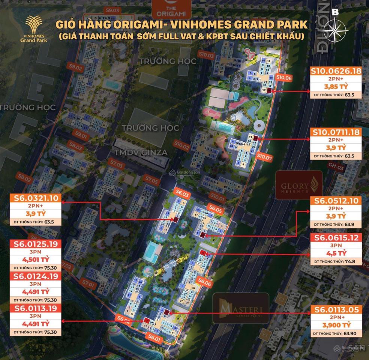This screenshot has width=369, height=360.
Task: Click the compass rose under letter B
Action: pos(336,29)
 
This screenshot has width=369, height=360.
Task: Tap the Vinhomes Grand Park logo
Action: pos(36,29)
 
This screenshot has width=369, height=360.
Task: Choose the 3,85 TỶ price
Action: pos(336,87)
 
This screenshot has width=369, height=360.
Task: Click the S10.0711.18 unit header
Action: pos(336,132)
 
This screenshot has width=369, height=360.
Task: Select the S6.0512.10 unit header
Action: pos(336,201)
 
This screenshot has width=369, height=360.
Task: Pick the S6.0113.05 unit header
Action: pos(336,310)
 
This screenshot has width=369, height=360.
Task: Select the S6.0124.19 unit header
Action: pos(32,276)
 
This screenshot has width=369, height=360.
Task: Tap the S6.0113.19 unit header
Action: pos(32,308)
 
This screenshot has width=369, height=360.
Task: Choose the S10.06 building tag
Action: pos(283,78)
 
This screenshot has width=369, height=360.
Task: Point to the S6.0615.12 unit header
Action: pos(336,237)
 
